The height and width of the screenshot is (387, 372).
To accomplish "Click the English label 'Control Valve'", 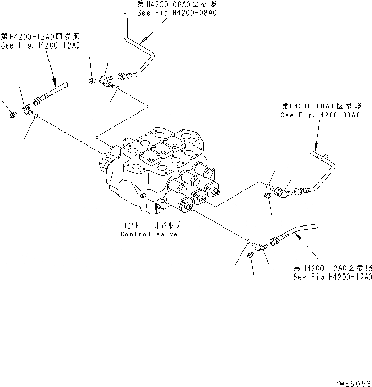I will pyautogui.click(x=150, y=234).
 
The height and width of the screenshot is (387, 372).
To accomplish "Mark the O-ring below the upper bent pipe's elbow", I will pyautogui.click(x=118, y=90).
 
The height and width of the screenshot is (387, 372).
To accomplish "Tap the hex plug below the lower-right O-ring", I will pyautogui.click(x=251, y=255).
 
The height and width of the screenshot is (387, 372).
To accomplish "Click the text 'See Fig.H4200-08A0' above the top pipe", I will pyautogui.click(x=176, y=11).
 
